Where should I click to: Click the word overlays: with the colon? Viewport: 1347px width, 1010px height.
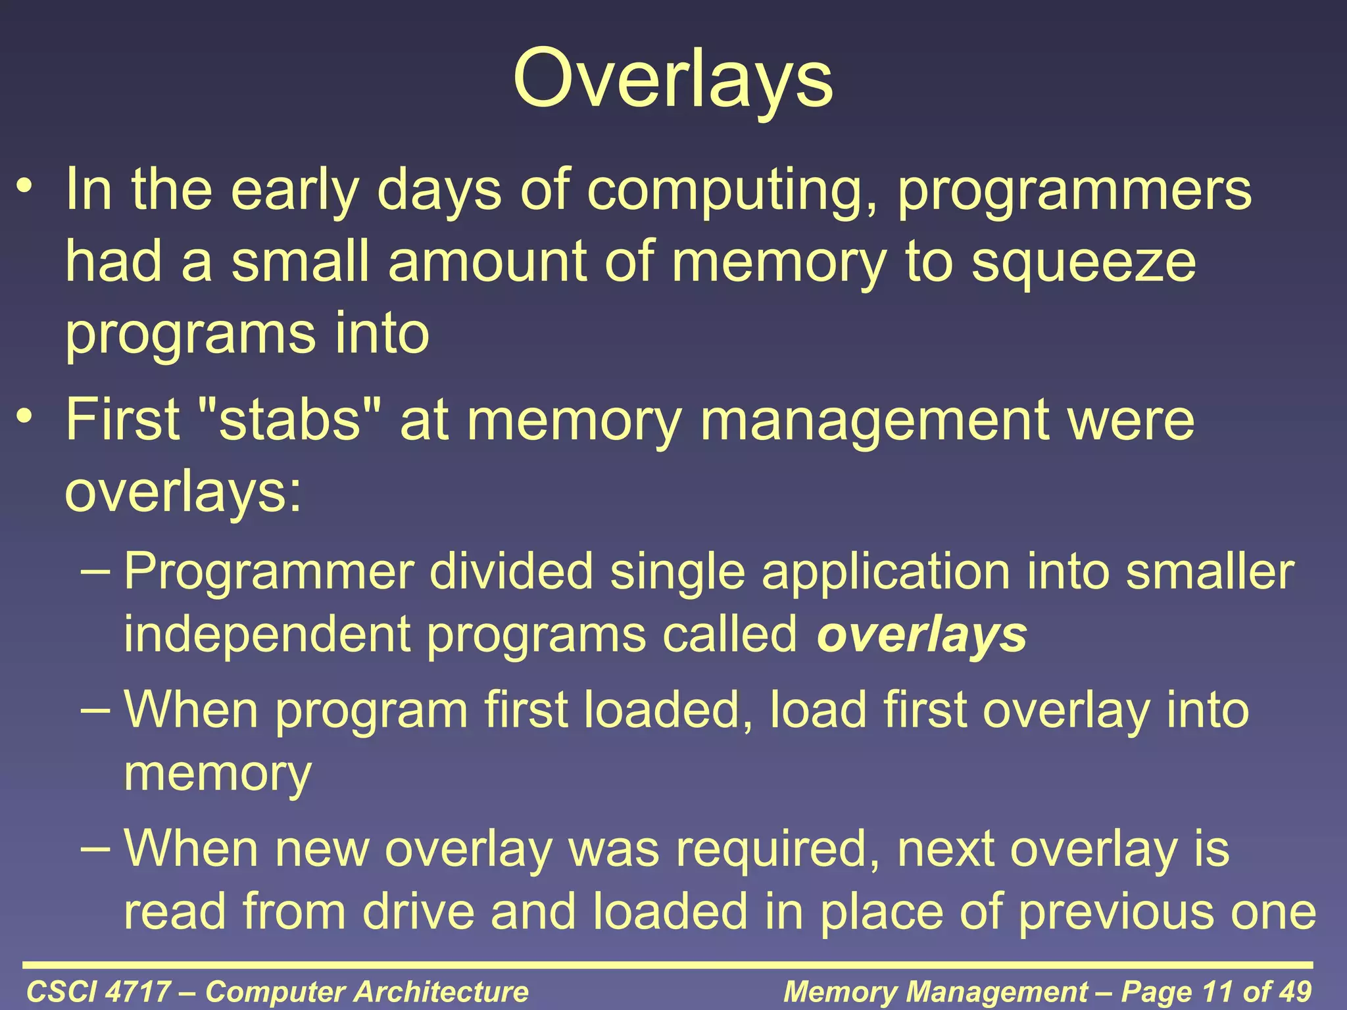coord(184,493)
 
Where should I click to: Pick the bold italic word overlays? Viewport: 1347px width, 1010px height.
coord(921,636)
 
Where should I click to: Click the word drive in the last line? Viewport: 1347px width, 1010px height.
coord(418,912)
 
